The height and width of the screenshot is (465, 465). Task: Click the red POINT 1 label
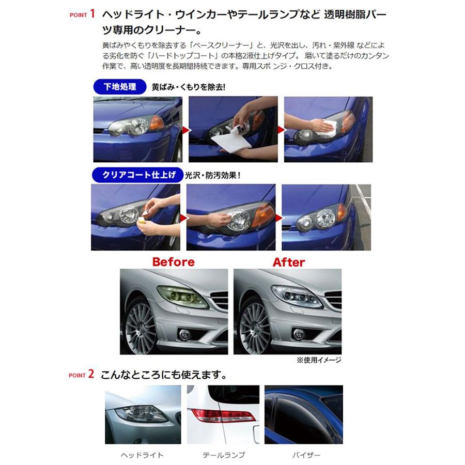(82, 14)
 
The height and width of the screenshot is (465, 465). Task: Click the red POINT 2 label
(82, 374)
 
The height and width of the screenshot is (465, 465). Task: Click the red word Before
(173, 262)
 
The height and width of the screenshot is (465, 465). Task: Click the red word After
(289, 262)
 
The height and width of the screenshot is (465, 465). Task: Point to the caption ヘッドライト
(142, 455)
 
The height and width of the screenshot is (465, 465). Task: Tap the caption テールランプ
(223, 455)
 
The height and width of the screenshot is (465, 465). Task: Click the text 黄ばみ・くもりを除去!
(189, 87)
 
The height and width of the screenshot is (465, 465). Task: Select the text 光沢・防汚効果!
(213, 175)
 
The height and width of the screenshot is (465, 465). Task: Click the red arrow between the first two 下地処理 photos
(185, 128)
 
